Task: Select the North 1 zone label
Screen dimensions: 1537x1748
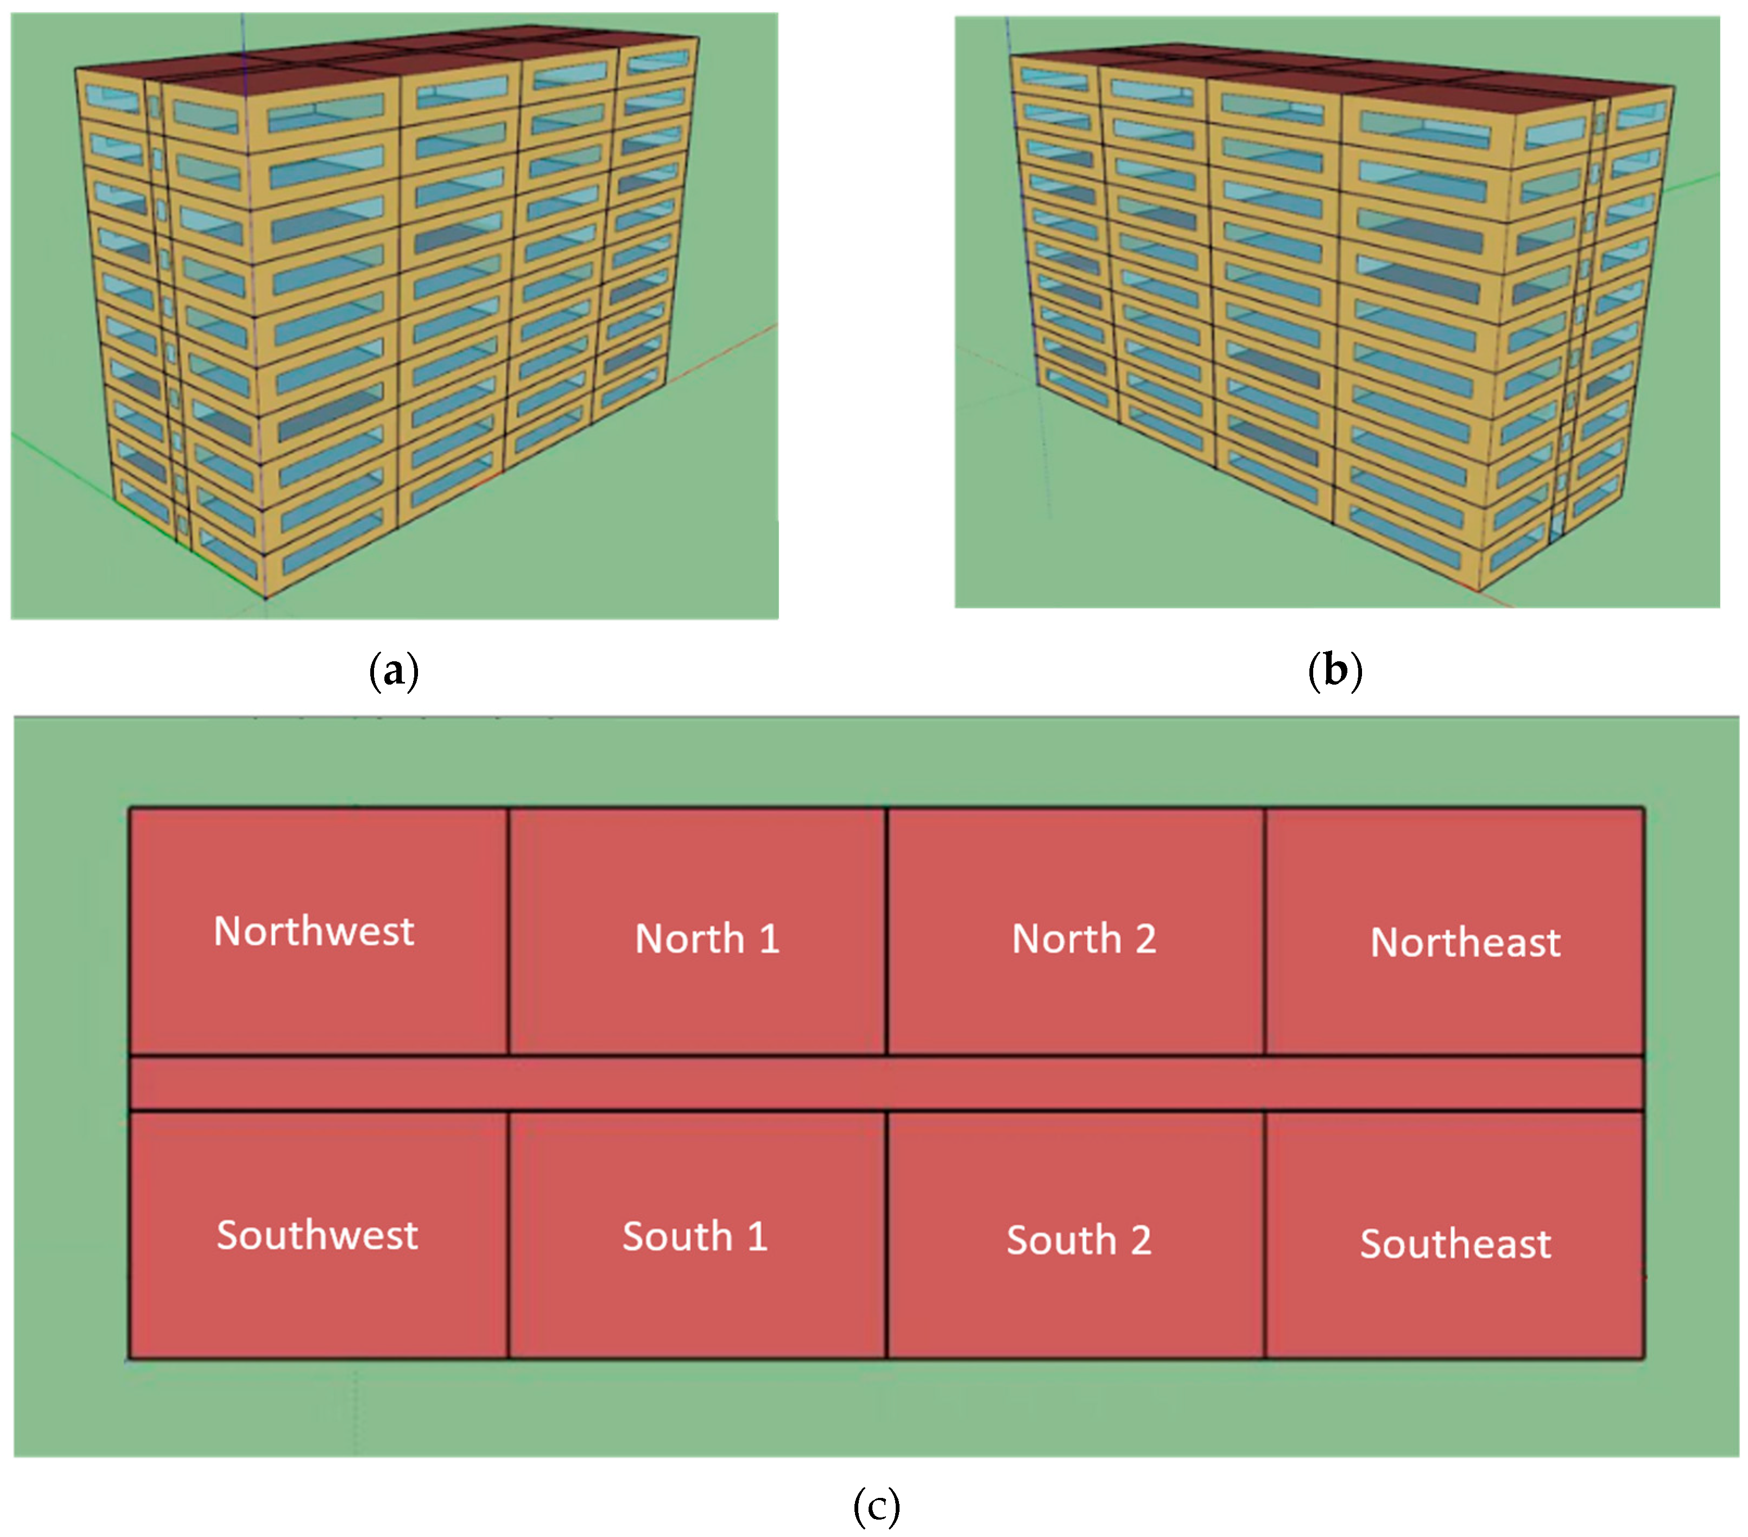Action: coord(707,938)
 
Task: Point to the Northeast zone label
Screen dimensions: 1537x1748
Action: coord(1465,943)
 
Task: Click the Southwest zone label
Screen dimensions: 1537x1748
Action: coord(317,1235)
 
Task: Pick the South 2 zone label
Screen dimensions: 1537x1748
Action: coord(1079,1240)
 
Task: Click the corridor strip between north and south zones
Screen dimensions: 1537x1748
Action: coord(886,1083)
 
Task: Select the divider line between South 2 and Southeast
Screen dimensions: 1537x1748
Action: coord(1265,1236)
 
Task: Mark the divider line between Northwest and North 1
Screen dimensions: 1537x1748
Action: coord(508,932)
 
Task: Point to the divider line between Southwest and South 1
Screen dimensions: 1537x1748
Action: coord(508,1236)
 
